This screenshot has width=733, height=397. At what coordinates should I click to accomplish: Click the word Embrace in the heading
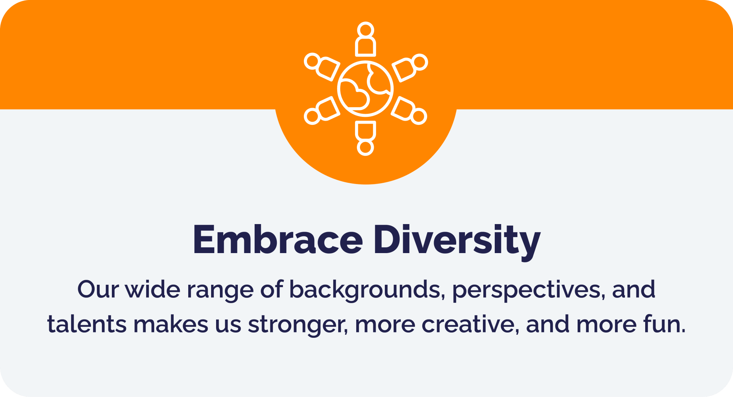[278, 239]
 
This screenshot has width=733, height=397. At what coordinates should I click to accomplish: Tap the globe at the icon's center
[365, 89]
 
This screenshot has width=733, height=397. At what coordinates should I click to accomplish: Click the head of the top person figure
[365, 29]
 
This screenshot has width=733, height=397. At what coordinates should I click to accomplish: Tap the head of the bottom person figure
[365, 148]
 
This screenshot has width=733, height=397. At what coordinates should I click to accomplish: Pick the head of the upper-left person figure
[312, 61]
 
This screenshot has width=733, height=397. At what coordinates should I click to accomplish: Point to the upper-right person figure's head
[420, 62]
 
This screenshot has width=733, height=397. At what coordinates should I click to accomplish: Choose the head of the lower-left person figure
[312, 116]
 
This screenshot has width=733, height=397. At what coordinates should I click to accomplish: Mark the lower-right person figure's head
[419, 116]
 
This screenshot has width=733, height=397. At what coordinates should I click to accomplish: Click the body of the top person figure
[365, 47]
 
